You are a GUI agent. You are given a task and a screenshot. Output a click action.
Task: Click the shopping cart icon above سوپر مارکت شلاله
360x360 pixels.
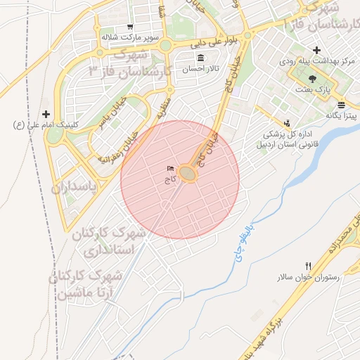pyautogui.click(x=131, y=27)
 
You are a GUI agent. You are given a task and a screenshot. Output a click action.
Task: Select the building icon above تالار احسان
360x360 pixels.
pyautogui.click(x=202, y=58)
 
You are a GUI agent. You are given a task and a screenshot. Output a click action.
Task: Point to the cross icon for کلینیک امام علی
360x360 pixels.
pyautogui.click(x=46, y=114)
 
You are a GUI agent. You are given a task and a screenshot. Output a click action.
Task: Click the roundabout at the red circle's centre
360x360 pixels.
pyautogui.click(x=187, y=173)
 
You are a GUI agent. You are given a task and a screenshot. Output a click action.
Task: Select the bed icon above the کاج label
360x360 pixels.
pyautogui.click(x=171, y=169)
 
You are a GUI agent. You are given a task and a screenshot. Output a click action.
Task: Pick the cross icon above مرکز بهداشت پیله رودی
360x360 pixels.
pyautogui.click(x=317, y=50)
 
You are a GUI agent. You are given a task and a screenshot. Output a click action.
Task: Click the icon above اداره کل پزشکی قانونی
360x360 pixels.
pyautogui.click(x=287, y=121)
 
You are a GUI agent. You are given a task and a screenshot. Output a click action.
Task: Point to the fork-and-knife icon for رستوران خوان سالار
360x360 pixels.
pyautogui.click(x=309, y=266)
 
